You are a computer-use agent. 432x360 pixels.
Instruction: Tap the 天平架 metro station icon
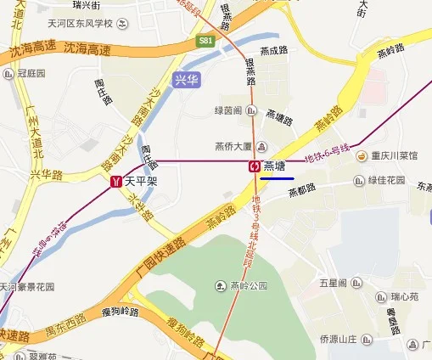tap(115, 182)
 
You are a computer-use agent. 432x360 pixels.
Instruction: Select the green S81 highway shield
tap(206, 40)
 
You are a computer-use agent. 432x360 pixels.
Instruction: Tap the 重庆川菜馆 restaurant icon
tap(361, 156)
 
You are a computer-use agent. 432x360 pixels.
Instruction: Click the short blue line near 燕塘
tap(278, 178)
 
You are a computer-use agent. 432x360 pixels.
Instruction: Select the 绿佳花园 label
tap(386, 181)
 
